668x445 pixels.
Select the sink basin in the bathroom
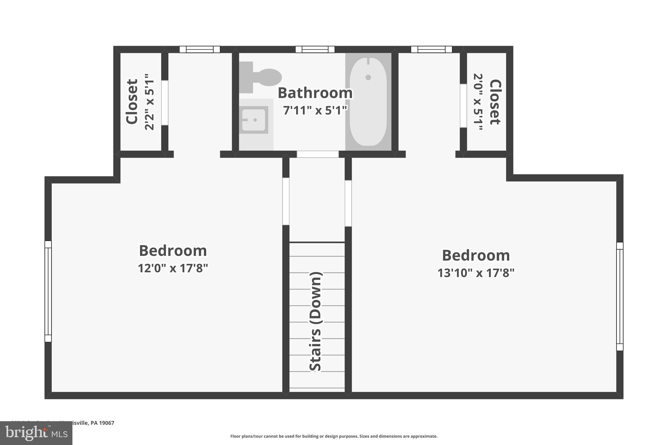coord(253,120)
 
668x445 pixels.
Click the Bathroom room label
coord(315,93)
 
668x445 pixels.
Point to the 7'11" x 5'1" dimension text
coord(315,111)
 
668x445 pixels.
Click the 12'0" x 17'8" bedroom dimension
coord(173,268)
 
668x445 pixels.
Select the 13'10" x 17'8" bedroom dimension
coord(476,273)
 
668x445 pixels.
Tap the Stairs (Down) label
coord(316,321)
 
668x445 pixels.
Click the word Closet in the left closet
coord(132,101)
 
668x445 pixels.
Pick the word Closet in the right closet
coord(495,102)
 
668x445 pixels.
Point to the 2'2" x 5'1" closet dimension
coord(149,102)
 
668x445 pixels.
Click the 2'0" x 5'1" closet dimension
coord(478,102)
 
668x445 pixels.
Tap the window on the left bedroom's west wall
coord(48,291)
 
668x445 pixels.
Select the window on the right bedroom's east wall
coord(619,296)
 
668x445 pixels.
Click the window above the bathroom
coord(315,50)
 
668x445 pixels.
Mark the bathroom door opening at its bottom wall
coord(317,154)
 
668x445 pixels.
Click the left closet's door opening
coord(165,102)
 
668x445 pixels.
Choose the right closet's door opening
coord(463,106)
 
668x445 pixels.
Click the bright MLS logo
coord(36,433)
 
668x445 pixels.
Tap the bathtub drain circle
coord(368,77)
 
